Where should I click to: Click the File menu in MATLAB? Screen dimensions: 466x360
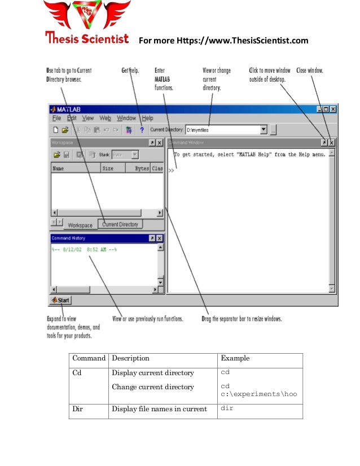[x=56, y=118]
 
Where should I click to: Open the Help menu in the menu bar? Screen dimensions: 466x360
[x=147, y=118]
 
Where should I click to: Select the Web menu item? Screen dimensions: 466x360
[x=105, y=118]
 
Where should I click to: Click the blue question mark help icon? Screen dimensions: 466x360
[x=142, y=130]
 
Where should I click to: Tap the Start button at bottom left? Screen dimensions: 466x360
[x=60, y=300]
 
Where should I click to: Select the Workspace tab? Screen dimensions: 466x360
[x=80, y=225]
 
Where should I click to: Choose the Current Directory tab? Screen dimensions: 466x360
[x=120, y=224]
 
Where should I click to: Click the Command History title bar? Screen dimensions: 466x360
[x=96, y=238]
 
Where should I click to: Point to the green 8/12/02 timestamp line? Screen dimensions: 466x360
[x=84, y=249]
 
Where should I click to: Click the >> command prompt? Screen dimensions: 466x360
[x=171, y=169]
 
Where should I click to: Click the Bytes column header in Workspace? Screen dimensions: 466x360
[x=142, y=168]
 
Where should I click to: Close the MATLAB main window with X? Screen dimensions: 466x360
[x=333, y=108]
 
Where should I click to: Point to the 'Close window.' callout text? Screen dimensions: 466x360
[x=310, y=71]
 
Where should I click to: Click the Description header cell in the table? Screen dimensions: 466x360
[x=130, y=358]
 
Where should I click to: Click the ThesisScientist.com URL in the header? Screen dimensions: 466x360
[x=223, y=40]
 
